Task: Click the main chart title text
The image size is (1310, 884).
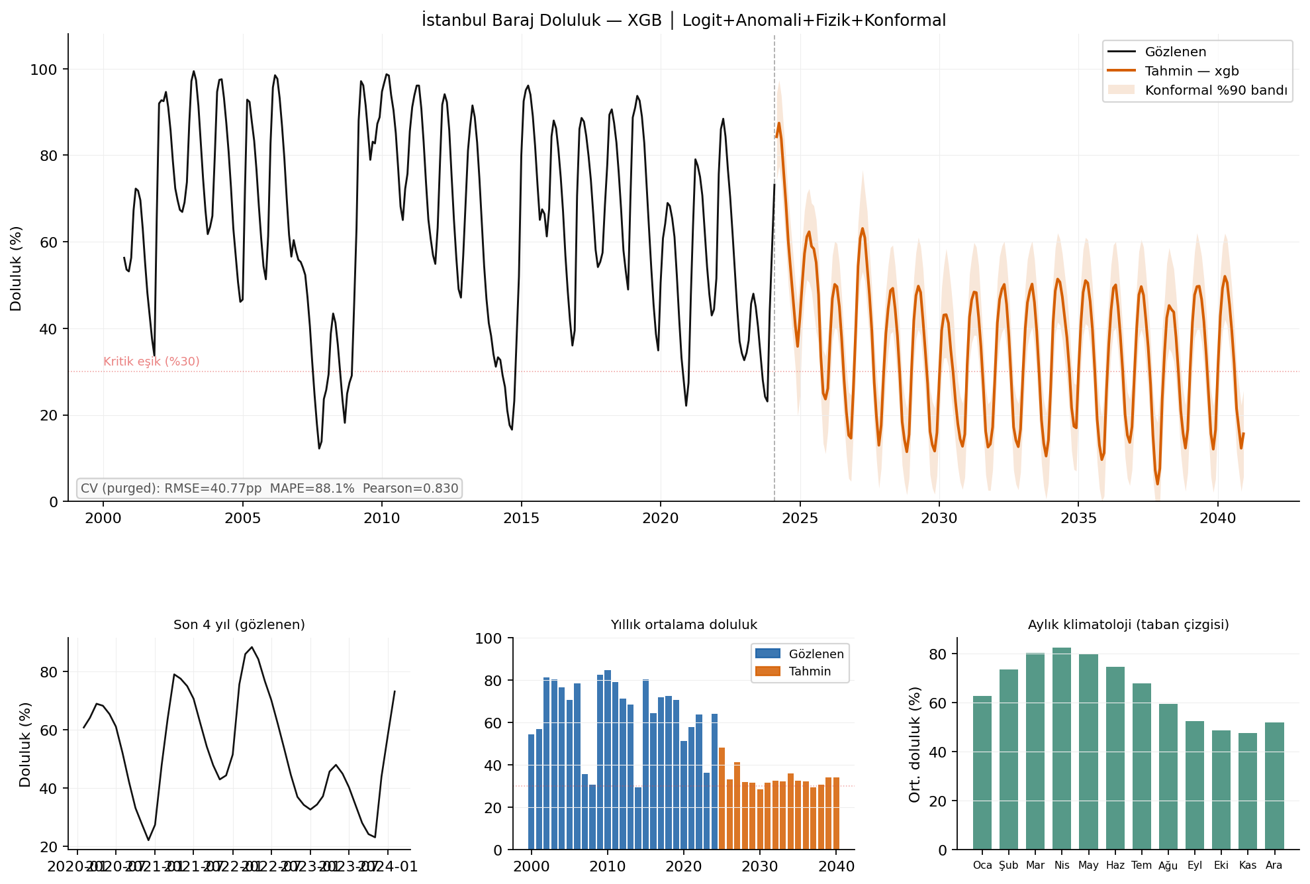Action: click(x=684, y=21)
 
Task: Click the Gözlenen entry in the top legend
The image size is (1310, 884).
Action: click(x=1175, y=52)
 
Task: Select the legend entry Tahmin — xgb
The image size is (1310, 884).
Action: click(x=1191, y=72)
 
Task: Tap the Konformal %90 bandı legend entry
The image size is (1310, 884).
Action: click(x=1215, y=91)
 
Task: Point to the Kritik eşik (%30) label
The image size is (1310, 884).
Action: click(x=151, y=362)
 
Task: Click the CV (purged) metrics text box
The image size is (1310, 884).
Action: click(x=269, y=489)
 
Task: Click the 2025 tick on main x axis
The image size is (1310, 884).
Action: click(x=800, y=518)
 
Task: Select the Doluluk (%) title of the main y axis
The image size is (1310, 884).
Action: click(x=16, y=268)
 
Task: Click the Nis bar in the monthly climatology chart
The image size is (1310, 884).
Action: click(x=1061, y=748)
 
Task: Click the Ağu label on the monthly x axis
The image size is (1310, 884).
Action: click(x=1168, y=865)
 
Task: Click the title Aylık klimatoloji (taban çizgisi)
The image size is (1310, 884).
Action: click(x=1128, y=625)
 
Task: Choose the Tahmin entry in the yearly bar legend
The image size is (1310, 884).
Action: click(x=809, y=671)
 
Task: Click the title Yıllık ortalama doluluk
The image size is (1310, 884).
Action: click(x=683, y=625)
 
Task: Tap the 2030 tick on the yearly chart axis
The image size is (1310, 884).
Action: click(x=759, y=866)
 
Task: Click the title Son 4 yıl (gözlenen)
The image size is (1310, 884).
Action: click(x=239, y=625)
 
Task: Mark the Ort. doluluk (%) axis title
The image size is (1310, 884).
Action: click(x=915, y=744)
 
